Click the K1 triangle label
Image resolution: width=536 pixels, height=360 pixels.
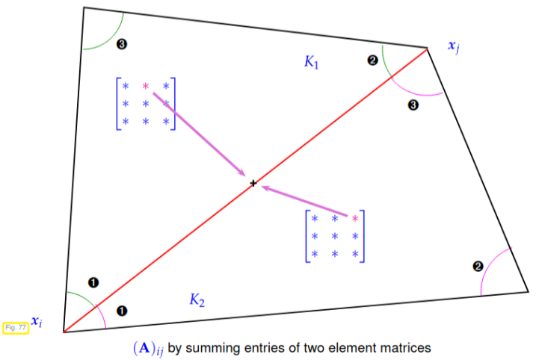[x=312, y=62]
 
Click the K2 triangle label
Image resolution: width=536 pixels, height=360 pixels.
[x=197, y=300]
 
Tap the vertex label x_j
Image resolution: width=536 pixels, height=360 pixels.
[x=454, y=46]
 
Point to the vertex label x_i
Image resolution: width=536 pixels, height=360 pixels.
[x=37, y=321]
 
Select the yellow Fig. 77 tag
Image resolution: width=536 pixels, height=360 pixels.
[x=16, y=328]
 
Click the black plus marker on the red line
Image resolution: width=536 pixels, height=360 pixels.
[x=253, y=184]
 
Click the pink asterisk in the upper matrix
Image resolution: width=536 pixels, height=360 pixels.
[x=146, y=86]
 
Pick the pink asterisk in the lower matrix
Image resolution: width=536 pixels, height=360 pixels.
[x=355, y=218]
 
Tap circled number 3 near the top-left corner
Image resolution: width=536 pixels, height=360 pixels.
[x=122, y=44]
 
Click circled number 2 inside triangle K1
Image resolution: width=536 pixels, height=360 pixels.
[x=372, y=60]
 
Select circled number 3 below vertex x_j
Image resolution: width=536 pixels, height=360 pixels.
[x=413, y=105]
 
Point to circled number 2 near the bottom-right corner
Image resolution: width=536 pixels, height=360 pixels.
[x=478, y=267]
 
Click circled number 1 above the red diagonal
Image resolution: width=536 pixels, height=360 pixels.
[x=93, y=283]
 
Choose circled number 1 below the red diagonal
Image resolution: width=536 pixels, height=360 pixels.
[x=122, y=311]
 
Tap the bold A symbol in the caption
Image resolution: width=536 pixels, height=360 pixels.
[x=144, y=348]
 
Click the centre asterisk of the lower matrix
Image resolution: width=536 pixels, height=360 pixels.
[x=335, y=236]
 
